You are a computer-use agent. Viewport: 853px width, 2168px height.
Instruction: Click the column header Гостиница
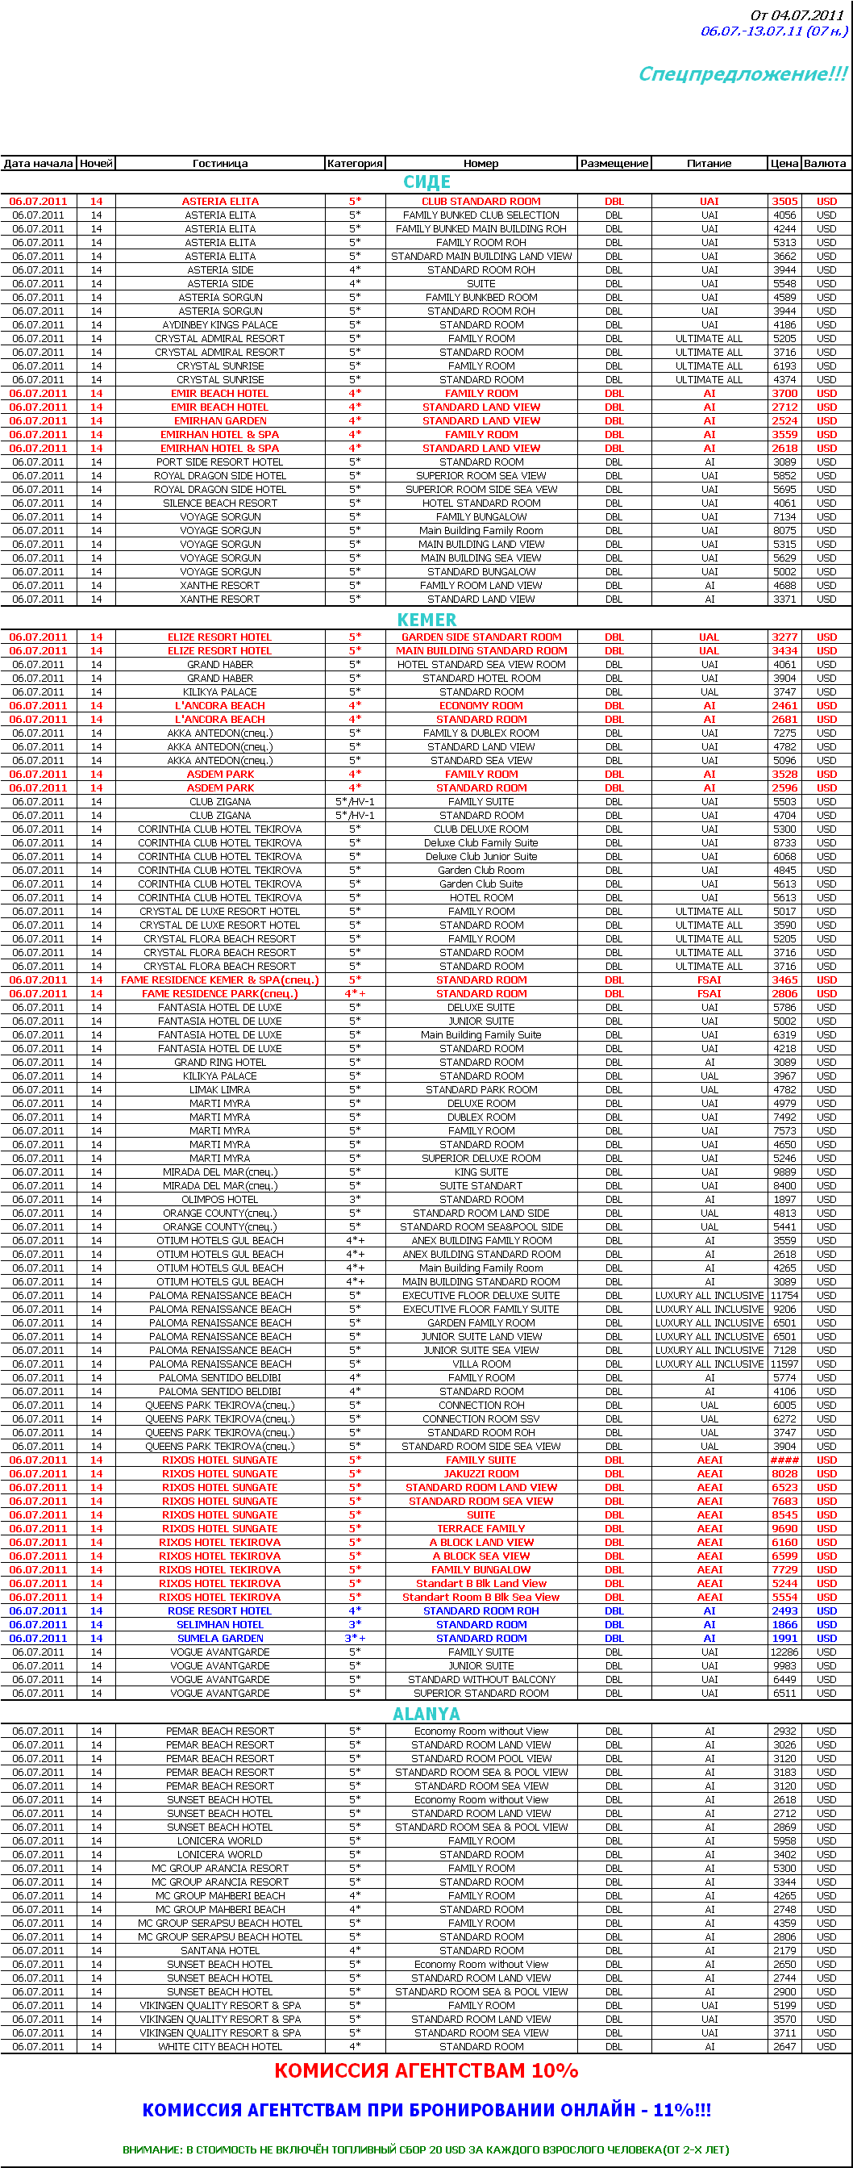[x=219, y=163]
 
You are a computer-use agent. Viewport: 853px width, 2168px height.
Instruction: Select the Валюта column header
[x=825, y=163]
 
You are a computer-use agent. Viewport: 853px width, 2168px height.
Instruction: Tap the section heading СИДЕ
[x=426, y=182]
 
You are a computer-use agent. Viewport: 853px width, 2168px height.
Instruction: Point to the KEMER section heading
[x=426, y=620]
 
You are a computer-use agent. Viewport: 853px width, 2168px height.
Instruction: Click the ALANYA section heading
[x=426, y=1714]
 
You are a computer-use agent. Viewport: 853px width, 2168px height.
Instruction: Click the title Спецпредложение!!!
[x=742, y=74]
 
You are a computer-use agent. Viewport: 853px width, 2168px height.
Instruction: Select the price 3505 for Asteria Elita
[x=784, y=201]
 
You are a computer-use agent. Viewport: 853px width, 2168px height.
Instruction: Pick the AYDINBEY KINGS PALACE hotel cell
[x=219, y=325]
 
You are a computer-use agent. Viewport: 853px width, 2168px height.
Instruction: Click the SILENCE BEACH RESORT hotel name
[x=219, y=503]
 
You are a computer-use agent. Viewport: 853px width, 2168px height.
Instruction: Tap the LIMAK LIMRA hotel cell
[x=219, y=1090]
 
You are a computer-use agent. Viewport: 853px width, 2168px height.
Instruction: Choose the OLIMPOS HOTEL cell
[x=219, y=1199]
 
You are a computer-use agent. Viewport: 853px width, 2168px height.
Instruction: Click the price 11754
[x=784, y=1295]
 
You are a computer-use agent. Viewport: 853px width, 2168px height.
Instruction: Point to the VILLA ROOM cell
[x=481, y=1364]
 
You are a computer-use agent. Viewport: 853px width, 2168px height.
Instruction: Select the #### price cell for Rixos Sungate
[x=784, y=1460]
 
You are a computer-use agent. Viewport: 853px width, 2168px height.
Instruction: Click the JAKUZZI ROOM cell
[x=481, y=1473]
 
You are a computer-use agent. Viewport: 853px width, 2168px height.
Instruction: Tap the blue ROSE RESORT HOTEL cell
[x=219, y=1610]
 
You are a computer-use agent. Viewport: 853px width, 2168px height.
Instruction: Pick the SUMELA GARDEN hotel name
[x=219, y=1639]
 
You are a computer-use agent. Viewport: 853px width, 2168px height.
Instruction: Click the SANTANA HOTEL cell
[x=219, y=1950]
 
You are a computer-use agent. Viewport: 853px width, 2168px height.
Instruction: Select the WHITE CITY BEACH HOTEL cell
[x=219, y=2046]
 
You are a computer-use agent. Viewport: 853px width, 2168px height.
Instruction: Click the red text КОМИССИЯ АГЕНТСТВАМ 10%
[x=426, y=2071]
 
